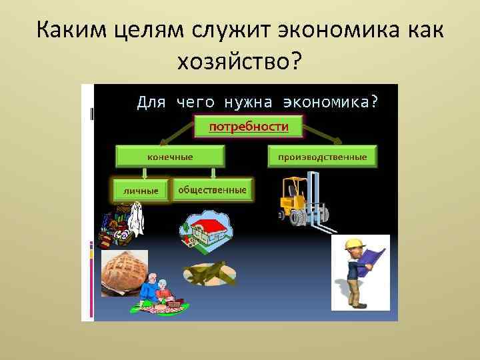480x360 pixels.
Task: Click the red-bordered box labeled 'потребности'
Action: [249, 126]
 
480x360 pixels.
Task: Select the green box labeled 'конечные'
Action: [170, 157]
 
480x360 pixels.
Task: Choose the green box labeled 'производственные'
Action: [322, 157]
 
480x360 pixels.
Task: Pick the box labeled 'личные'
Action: [141, 191]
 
